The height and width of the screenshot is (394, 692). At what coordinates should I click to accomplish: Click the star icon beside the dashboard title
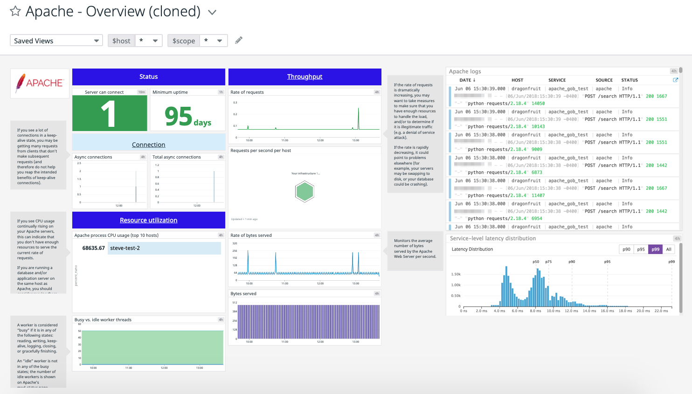[x=15, y=11]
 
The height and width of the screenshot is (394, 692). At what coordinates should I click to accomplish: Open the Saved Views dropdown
[x=56, y=41]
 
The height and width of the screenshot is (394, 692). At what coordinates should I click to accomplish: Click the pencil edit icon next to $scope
[x=239, y=40]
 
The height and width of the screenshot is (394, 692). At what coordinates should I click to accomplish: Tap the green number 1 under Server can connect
[x=109, y=114]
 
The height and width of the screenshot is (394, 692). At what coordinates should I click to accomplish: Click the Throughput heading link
[x=304, y=76]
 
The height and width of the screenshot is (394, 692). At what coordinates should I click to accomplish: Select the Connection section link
[x=148, y=145]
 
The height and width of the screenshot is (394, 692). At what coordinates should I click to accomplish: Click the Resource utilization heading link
[x=148, y=220]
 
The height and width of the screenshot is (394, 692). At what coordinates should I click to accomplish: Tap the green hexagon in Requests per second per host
[x=304, y=192]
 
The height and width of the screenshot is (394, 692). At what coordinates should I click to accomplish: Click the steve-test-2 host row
[x=164, y=248]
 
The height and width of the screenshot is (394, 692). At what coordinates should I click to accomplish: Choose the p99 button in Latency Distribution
[x=655, y=249]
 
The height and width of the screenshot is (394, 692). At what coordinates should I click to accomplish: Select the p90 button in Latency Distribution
[x=626, y=249]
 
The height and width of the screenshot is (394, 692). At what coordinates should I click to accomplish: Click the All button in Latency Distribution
[x=669, y=249]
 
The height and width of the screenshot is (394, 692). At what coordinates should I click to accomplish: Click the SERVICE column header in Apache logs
[x=557, y=80]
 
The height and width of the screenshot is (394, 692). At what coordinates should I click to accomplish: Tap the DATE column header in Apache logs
[x=467, y=80]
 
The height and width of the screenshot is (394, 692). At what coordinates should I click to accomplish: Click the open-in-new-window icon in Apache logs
[x=675, y=80]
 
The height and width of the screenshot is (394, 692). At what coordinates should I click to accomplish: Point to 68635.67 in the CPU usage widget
[x=93, y=248]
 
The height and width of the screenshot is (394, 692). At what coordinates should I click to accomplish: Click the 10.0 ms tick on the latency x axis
[x=554, y=311]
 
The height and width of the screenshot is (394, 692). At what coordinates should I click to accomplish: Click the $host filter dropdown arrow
[x=155, y=41]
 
